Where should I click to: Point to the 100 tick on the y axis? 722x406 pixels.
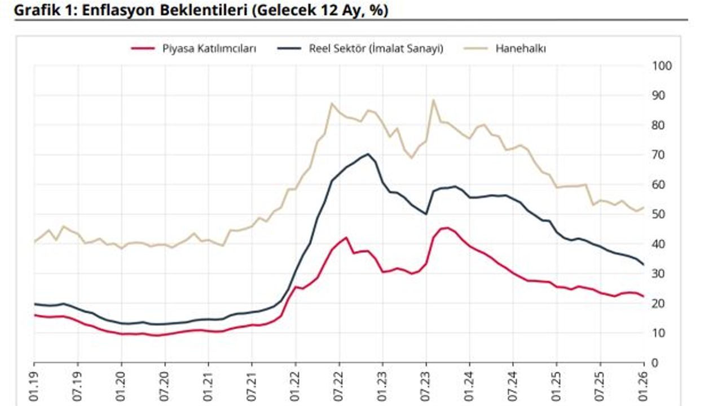[x=662, y=66]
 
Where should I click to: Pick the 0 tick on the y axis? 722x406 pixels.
[x=654, y=363]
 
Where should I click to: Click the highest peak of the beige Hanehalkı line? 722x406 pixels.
[x=433, y=100]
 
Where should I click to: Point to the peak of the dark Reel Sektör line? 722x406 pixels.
[x=368, y=154]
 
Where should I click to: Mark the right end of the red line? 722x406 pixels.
[x=644, y=297]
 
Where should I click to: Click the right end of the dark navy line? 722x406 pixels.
[x=644, y=264]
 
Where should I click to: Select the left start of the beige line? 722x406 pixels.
[x=34, y=242]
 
